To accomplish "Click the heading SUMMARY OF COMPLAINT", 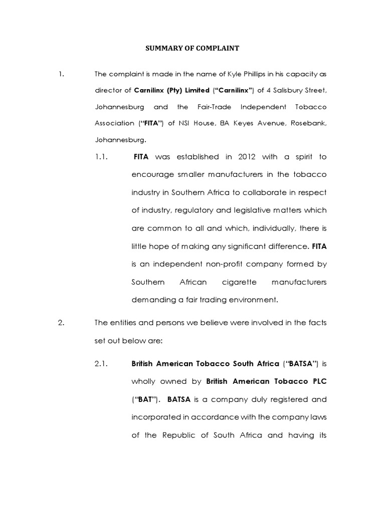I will [192, 49].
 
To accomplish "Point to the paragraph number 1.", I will [61, 74].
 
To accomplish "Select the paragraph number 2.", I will [61, 323].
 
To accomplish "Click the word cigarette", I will [239, 282].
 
